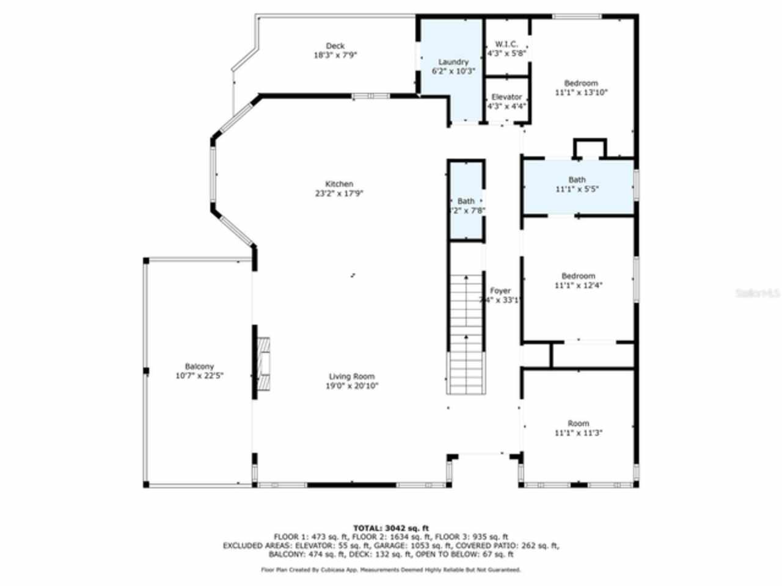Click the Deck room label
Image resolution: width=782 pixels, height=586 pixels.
[x=335, y=46]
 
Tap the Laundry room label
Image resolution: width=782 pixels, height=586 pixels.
[x=453, y=62]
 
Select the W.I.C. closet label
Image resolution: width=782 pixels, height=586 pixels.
[x=506, y=44]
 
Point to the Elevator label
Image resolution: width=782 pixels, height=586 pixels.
[x=506, y=97]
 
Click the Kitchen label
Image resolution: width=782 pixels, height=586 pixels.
[x=339, y=184]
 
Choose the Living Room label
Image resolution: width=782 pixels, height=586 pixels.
[x=352, y=377]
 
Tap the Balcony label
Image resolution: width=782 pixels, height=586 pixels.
[x=199, y=366]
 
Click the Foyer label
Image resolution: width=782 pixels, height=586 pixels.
[x=500, y=291]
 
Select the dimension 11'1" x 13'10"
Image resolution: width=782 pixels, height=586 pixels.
[x=581, y=93]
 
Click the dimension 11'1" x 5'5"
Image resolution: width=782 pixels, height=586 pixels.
[x=577, y=189]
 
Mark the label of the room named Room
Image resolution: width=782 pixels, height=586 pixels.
[x=579, y=423]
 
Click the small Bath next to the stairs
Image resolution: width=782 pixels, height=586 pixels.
[x=466, y=201]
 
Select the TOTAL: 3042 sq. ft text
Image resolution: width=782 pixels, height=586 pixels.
[x=391, y=528]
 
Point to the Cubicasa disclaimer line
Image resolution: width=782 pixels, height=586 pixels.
[x=391, y=570]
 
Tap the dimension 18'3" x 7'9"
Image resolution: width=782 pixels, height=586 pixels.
[x=335, y=55]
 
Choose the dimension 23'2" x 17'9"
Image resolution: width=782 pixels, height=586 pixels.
[x=339, y=194]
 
